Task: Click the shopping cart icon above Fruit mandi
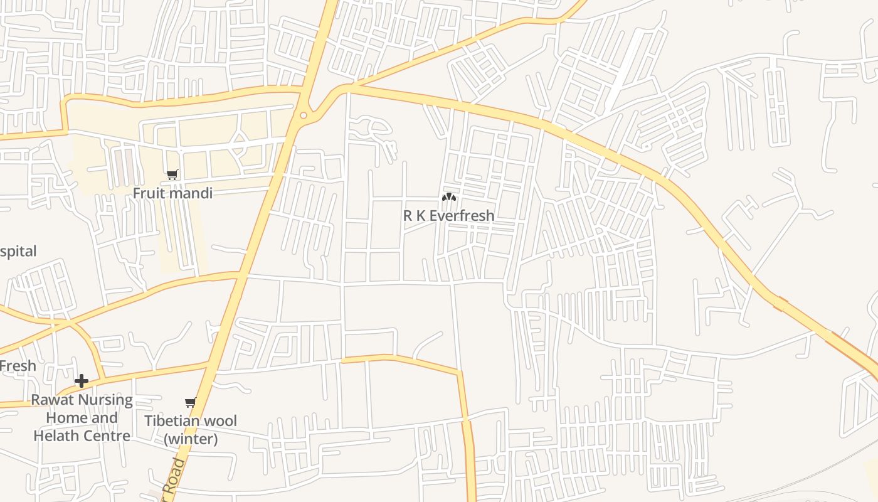172,175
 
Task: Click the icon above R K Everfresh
448,197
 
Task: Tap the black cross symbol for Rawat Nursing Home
81,381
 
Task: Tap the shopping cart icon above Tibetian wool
191,402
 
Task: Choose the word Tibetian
173,420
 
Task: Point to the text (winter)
191,439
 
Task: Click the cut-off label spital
18,252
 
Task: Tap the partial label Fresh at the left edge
18,366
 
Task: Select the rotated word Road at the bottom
177,476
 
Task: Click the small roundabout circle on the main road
304,115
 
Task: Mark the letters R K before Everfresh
414,216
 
